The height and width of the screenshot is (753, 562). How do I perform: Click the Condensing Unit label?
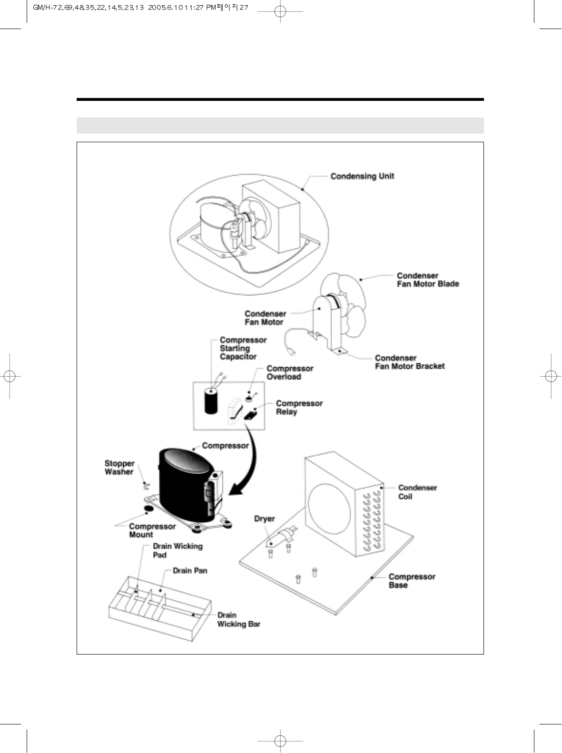click(362, 176)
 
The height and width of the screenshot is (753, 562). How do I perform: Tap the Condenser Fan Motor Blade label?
click(427, 280)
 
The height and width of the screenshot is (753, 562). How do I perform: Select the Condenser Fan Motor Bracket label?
click(409, 362)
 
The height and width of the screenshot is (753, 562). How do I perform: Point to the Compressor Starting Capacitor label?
click(243, 348)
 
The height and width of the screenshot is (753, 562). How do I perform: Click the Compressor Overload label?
click(290, 372)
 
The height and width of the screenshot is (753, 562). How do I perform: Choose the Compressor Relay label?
click(299, 408)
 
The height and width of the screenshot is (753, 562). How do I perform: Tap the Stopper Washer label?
click(119, 468)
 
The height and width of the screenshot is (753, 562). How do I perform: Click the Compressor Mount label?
click(152, 530)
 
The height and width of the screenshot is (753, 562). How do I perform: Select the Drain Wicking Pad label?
click(177, 550)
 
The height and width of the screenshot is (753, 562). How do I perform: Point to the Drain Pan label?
click(190, 570)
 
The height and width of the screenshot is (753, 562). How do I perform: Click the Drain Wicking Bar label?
click(238, 619)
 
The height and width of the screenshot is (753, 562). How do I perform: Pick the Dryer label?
click(264, 518)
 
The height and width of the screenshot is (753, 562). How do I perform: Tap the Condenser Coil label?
click(417, 492)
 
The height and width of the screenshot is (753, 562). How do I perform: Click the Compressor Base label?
click(412, 581)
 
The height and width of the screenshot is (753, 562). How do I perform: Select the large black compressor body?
click(183, 485)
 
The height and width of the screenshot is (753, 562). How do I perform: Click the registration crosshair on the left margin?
click(10, 376)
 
